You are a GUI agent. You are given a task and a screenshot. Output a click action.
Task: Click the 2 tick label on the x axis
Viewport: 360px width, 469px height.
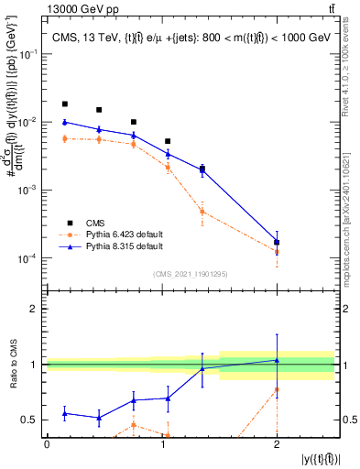[276, 443]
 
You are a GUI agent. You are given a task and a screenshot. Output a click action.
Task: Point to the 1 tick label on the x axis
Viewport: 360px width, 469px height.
[161, 443]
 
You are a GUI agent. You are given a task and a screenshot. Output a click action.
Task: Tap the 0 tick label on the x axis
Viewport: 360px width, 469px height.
[47, 443]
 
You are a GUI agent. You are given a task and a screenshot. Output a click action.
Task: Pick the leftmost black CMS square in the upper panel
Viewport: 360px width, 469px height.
[64, 104]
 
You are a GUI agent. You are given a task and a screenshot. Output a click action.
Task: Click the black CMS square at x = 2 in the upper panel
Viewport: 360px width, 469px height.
[277, 242]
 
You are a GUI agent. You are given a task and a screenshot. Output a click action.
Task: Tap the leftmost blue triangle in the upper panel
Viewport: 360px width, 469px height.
[64, 122]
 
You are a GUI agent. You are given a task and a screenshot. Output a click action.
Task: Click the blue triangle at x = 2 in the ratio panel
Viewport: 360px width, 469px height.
[277, 360]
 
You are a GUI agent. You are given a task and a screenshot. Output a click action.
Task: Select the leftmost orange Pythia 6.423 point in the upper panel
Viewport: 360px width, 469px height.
[64, 138]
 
